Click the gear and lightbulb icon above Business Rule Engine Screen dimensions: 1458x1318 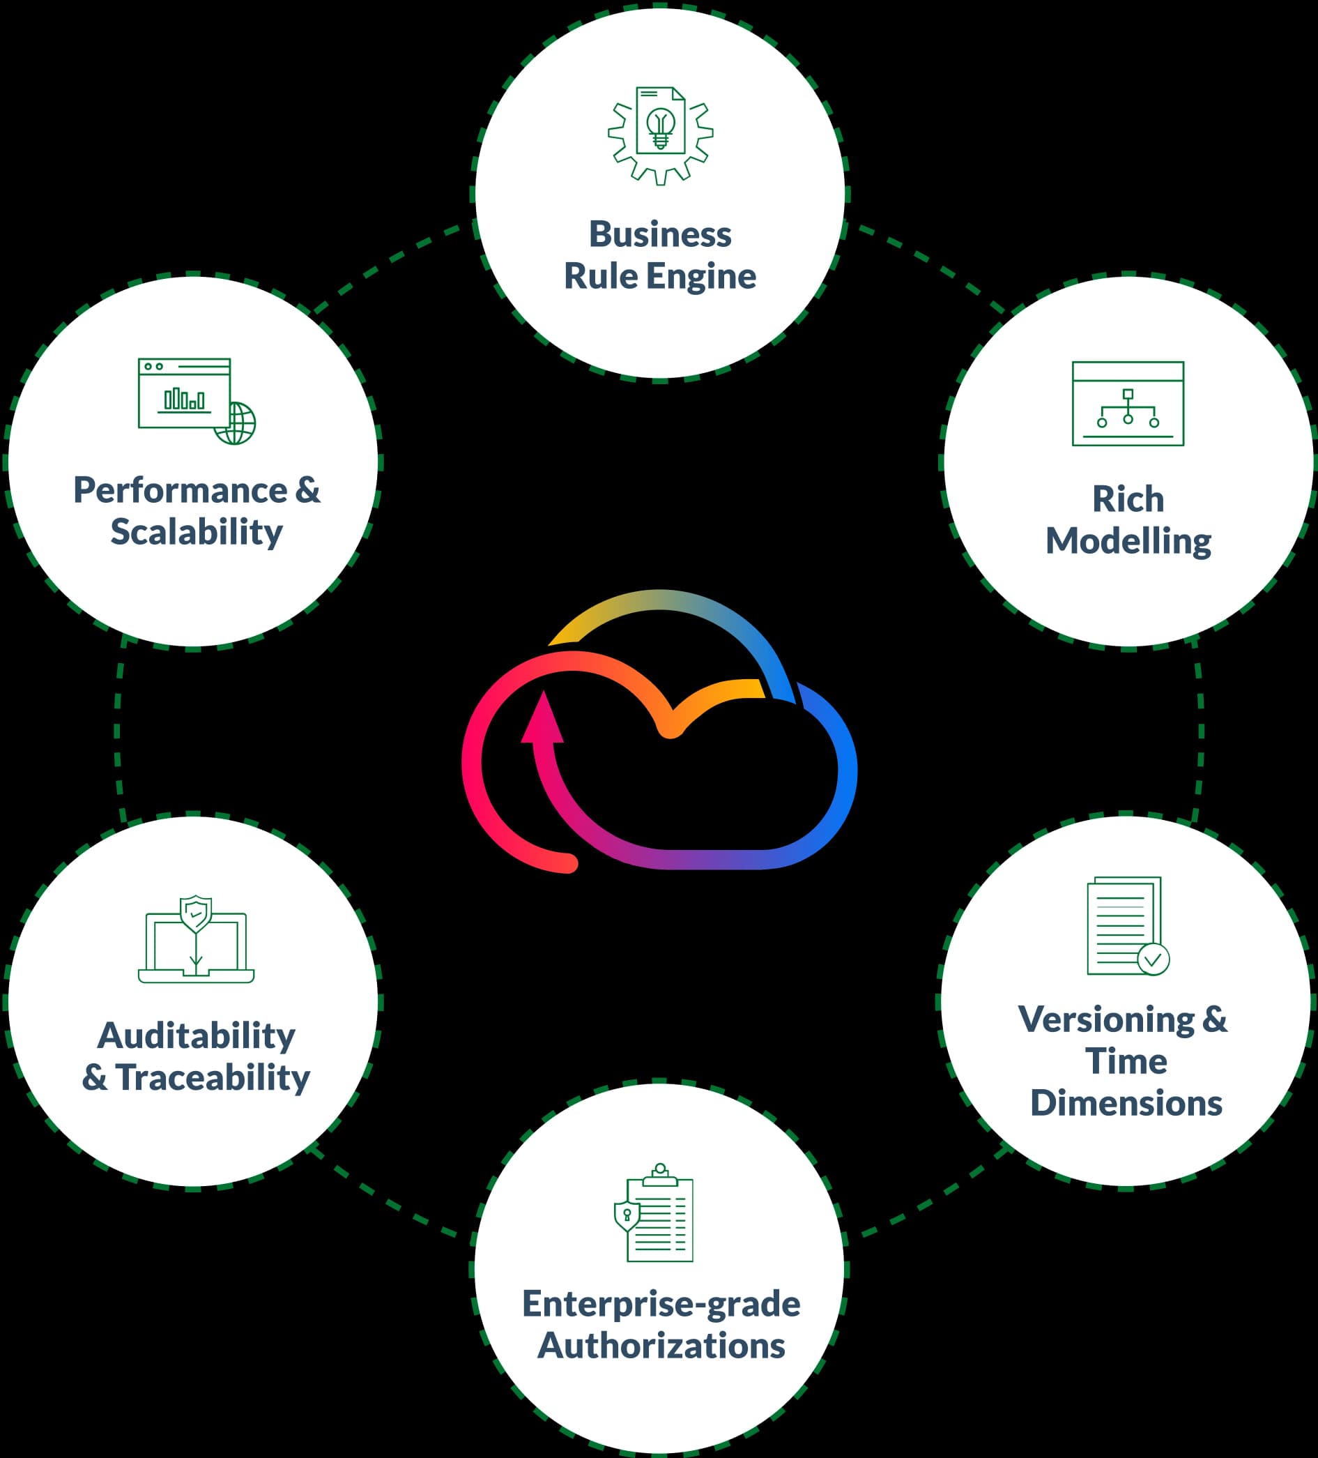(660, 135)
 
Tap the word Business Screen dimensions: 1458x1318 (660, 234)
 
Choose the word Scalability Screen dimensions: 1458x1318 (197, 533)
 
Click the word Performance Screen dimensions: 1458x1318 (180, 491)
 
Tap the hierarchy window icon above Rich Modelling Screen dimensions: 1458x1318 (1128, 404)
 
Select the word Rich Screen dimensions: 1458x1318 (1128, 500)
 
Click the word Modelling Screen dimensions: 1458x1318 (1128, 542)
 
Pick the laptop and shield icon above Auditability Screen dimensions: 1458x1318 (196, 939)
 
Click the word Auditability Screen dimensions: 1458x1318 (197, 1035)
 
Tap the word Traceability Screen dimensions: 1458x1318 (213, 1077)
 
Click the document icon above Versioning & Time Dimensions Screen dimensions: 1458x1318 (1125, 926)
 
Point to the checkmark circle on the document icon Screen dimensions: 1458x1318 (1153, 959)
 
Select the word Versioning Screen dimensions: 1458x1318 (1106, 1019)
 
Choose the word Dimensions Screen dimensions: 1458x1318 (1126, 1104)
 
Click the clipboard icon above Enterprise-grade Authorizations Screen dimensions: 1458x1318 (654, 1214)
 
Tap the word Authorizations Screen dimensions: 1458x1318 (661, 1346)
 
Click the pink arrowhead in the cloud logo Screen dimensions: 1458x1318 (542, 718)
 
